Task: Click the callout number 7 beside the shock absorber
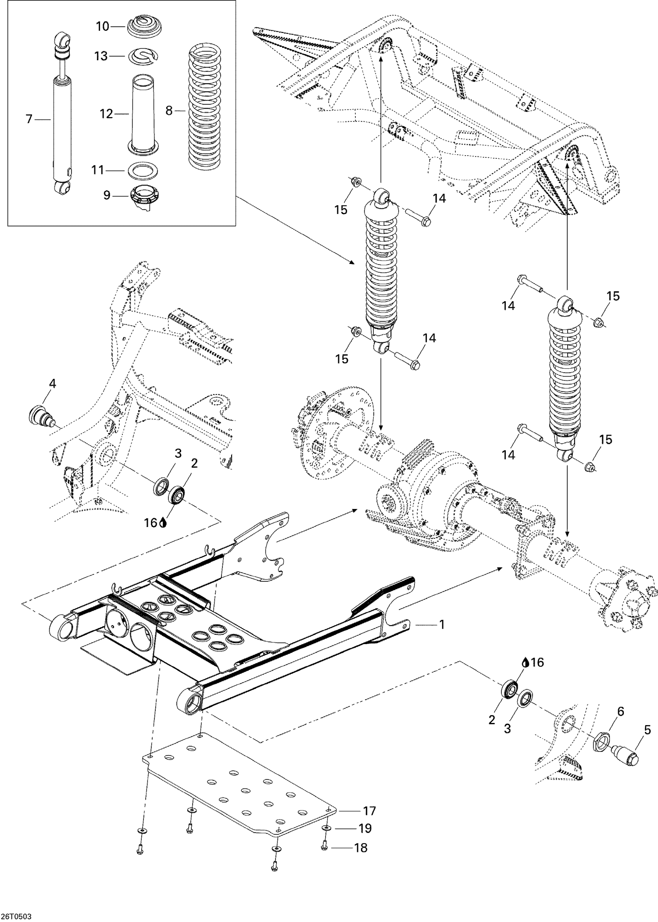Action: [29, 119]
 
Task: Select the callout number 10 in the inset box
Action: [102, 26]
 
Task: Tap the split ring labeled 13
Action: [143, 56]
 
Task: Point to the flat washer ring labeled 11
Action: [143, 170]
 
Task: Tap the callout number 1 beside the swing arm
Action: [442, 624]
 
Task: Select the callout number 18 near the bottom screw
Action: [361, 847]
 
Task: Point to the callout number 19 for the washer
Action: [365, 828]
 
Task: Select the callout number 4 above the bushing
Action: [53, 384]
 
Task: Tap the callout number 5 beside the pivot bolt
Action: [647, 730]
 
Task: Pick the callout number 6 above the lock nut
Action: [621, 711]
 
